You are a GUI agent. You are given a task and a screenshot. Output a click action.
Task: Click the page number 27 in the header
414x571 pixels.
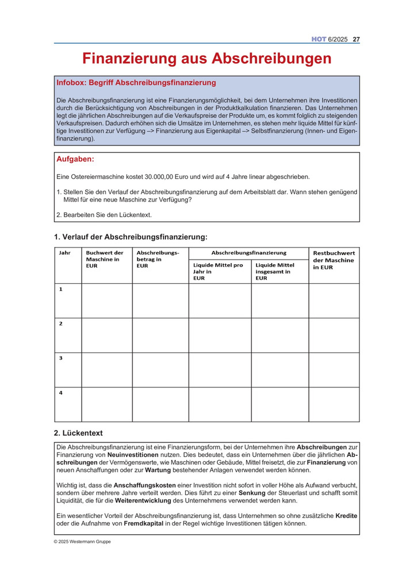click(x=356, y=39)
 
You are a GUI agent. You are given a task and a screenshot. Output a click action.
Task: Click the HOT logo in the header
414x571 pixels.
click(x=319, y=39)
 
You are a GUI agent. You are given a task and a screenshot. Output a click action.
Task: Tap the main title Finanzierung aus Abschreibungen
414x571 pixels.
click(x=206, y=59)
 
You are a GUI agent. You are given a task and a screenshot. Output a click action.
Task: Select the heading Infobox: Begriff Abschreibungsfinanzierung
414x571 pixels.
click(x=136, y=83)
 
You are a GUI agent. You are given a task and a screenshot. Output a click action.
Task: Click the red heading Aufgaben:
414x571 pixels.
click(x=75, y=159)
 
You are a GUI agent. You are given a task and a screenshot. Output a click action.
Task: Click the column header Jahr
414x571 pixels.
click(x=65, y=253)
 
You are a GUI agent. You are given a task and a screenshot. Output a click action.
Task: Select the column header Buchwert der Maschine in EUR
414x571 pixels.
click(x=105, y=259)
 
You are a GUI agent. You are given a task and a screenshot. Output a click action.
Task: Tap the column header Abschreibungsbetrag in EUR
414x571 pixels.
click(x=158, y=259)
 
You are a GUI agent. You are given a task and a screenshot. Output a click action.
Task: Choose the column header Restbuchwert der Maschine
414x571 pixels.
click(x=334, y=260)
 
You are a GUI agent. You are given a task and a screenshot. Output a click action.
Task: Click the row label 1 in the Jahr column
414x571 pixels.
click(x=60, y=289)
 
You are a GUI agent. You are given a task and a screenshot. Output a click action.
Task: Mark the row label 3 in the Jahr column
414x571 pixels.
click(x=60, y=358)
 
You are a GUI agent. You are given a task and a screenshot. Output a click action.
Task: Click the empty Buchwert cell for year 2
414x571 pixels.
click(x=107, y=335)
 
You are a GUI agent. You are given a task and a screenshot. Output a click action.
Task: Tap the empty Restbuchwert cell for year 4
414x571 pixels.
click(x=334, y=404)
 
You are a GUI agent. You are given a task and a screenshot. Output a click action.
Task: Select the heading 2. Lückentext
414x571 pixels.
click(x=78, y=433)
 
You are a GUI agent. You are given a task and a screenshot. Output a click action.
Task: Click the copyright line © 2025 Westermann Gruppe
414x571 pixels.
click(x=83, y=542)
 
